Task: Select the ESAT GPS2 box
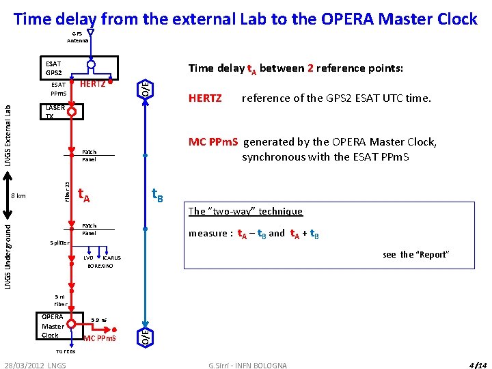click(x=53, y=68)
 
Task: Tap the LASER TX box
click(x=55, y=111)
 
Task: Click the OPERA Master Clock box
click(x=53, y=326)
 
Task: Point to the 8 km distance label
click(x=18, y=195)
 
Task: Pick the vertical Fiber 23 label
click(x=66, y=191)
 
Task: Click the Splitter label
click(x=60, y=243)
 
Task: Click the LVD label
click(x=88, y=258)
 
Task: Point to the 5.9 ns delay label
click(x=98, y=320)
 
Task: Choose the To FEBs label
click(x=66, y=351)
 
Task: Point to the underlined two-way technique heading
click(x=245, y=211)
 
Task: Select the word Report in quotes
click(x=432, y=255)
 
